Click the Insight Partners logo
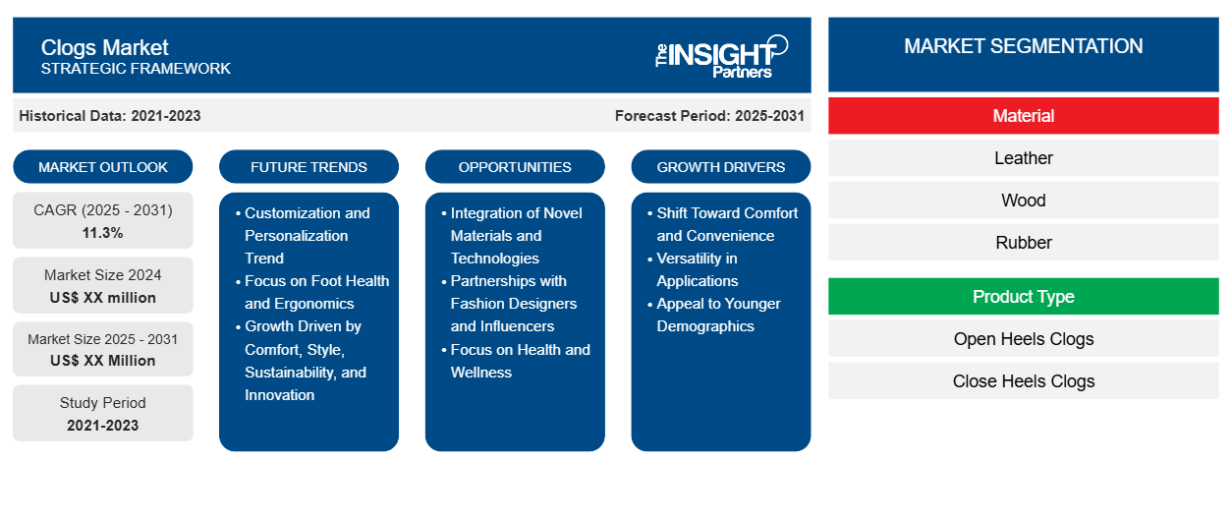[721, 55]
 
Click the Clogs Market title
[105, 47]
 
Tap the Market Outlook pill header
[103, 167]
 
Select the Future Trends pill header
[308, 167]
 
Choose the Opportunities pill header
[515, 167]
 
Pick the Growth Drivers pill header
[721, 167]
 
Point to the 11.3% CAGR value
[103, 233]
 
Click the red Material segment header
[1023, 116]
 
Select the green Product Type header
[1023, 297]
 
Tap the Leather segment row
[1023, 158]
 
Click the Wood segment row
[1023, 201]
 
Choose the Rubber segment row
[1023, 243]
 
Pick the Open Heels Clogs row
[1023, 339]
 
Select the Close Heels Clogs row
[1023, 381]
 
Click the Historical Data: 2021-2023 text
[110, 116]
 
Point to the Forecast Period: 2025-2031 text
[709, 116]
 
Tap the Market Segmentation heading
[1023, 46]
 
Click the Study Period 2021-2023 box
[103, 414]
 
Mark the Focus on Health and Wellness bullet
[520, 361]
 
